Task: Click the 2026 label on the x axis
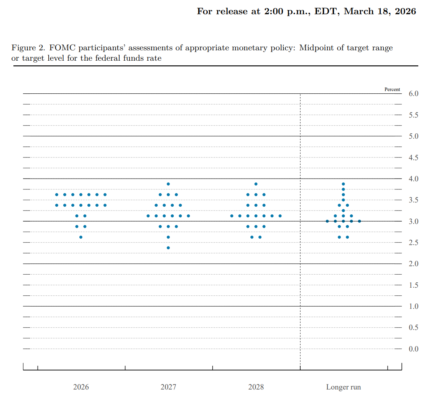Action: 81,387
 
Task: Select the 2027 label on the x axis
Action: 168,387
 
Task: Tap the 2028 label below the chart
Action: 256,387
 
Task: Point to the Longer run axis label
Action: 344,387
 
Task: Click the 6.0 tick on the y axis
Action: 414,93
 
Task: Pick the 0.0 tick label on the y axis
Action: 414,349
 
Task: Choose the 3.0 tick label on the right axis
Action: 414,221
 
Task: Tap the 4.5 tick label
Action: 414,157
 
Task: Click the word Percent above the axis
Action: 392,89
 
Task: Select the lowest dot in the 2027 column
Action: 168,248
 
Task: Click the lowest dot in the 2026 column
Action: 81,237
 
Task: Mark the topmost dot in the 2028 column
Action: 256,184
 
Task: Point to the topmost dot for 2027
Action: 168,184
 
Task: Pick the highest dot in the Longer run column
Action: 344,184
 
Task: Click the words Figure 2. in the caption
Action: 28,48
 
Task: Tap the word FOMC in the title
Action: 62,48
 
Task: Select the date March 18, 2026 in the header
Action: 380,12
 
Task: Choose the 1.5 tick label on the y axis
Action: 414,285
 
